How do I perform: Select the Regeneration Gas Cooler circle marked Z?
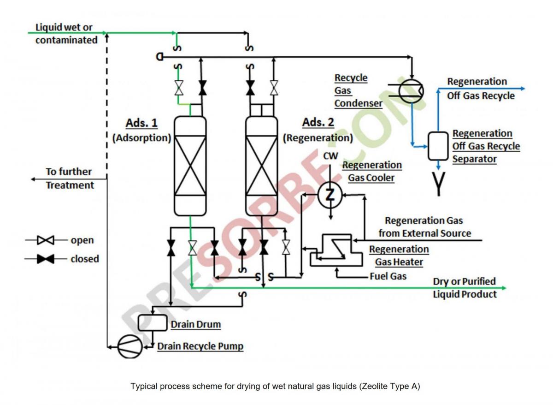point(330,195)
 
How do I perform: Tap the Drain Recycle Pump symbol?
point(130,345)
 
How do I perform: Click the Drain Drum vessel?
point(152,322)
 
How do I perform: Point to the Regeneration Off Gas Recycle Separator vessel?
point(438,145)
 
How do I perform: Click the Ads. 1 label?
point(141,124)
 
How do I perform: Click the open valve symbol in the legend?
point(46,240)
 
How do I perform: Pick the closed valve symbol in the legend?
point(46,259)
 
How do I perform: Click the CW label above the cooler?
point(330,156)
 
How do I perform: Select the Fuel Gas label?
point(388,276)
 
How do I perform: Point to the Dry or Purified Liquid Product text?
point(465,287)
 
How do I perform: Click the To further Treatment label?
point(69,178)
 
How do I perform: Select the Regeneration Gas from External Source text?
point(424,227)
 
